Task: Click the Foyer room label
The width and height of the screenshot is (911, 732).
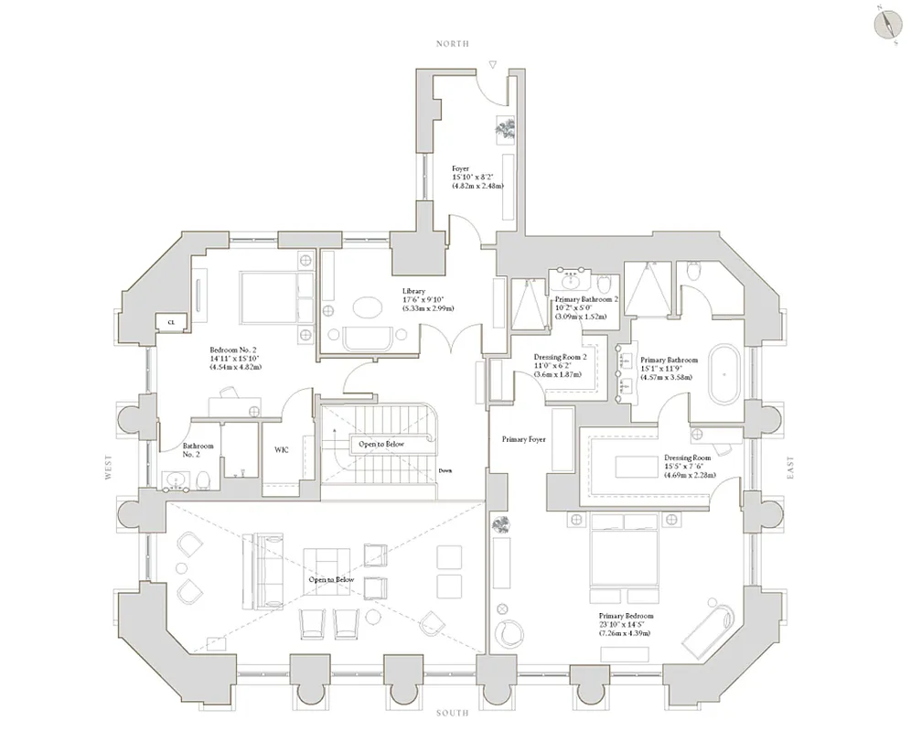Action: (x=461, y=169)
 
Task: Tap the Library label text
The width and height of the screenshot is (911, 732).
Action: (x=413, y=292)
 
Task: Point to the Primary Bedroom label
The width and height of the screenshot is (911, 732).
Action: (x=626, y=617)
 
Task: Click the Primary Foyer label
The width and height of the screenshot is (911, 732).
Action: (x=523, y=440)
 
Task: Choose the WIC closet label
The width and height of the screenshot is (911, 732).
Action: (x=282, y=450)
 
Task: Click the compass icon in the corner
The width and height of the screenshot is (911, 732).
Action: (x=886, y=22)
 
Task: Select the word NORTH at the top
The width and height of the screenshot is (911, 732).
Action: (x=453, y=44)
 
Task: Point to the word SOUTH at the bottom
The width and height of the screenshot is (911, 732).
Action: (x=453, y=713)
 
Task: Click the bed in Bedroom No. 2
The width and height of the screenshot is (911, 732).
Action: (x=270, y=295)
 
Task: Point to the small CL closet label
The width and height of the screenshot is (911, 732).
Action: (x=171, y=320)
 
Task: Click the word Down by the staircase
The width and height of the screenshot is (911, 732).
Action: (x=445, y=471)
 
